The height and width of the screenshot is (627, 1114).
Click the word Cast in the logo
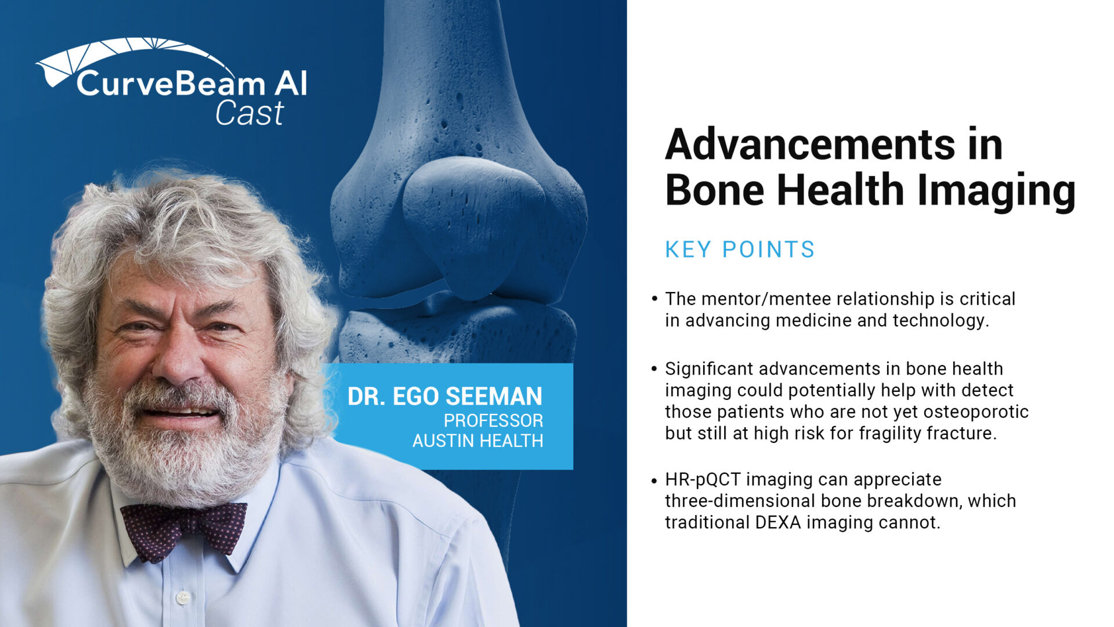tap(249, 113)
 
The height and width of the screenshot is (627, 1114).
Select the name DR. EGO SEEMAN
tap(445, 397)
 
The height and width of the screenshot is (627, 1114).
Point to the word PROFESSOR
tap(494, 420)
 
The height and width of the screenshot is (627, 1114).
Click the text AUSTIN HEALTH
tap(478, 441)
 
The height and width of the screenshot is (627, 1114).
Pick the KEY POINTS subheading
tap(740, 250)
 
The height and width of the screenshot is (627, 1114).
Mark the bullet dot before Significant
tap(654, 369)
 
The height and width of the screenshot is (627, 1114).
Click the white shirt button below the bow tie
tap(183, 597)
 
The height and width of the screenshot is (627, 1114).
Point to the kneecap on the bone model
tap(473, 226)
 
